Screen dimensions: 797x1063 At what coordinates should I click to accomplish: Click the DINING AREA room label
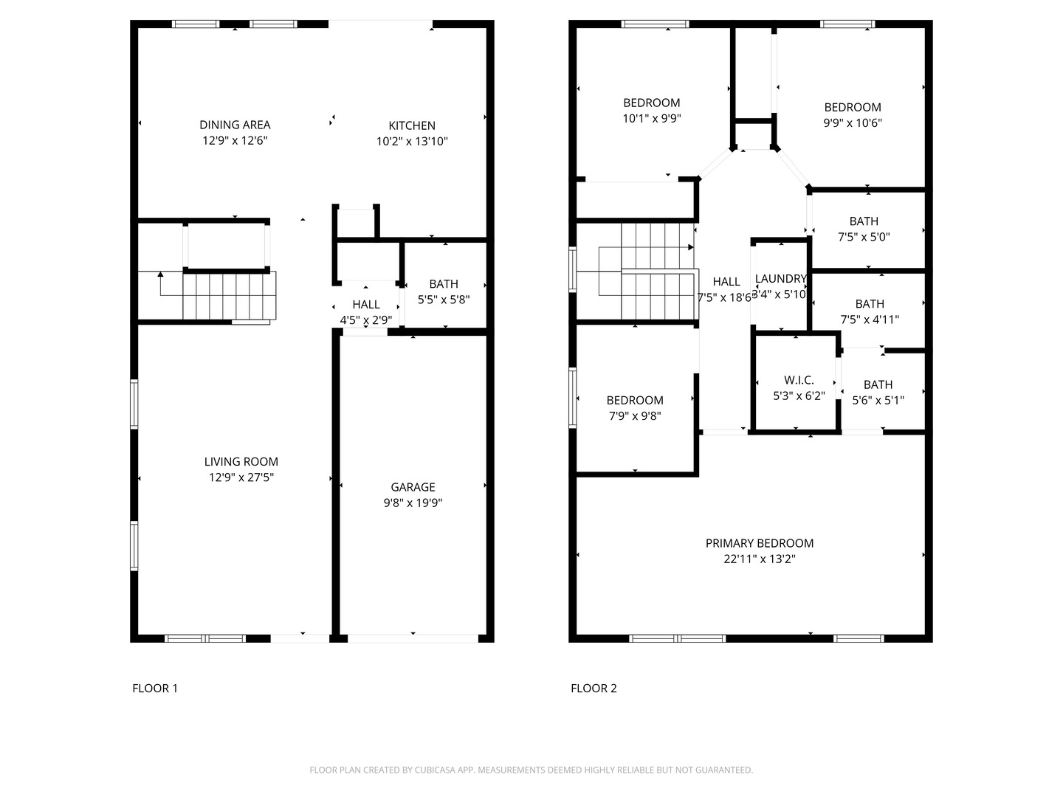coord(235,125)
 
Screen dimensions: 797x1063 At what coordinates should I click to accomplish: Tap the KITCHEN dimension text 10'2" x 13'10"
coord(412,142)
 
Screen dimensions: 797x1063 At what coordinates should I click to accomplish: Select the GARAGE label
coord(413,487)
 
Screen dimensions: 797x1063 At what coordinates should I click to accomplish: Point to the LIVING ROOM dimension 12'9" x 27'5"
coord(241,477)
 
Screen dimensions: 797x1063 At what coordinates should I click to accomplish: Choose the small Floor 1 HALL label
coord(366,305)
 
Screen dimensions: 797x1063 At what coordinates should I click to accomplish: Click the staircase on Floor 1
coord(229,296)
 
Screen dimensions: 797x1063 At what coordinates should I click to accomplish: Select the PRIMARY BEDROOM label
coord(760,543)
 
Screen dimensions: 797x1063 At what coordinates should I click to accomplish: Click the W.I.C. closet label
coord(799,380)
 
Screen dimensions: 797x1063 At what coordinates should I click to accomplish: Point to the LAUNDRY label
coord(780,279)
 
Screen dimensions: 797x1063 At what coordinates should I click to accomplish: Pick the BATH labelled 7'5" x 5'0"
coord(864,221)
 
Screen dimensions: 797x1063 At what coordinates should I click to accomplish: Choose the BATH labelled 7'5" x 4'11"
coord(870,304)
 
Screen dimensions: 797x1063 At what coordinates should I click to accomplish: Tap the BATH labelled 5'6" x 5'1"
coord(878,384)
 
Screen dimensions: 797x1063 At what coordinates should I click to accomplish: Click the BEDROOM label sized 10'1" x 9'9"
coord(652,103)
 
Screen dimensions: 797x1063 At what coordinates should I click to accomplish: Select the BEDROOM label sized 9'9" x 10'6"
coord(853,107)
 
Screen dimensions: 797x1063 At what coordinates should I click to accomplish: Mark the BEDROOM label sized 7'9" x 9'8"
coord(635,400)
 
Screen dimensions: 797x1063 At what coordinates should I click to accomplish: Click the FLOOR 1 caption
coord(155,689)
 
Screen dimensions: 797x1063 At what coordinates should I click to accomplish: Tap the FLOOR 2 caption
coord(594,689)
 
